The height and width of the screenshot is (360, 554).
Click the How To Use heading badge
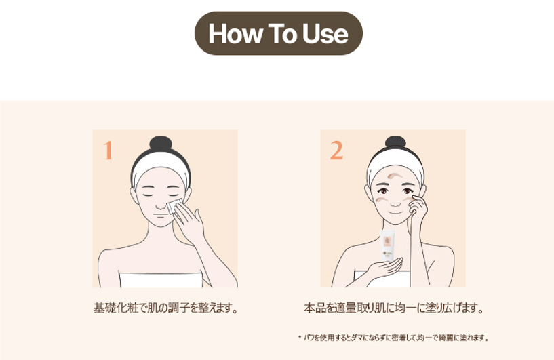pyautogui.click(x=279, y=33)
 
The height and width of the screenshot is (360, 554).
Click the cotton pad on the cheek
pyautogui.click(x=174, y=205)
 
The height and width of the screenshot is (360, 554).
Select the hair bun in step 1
pyautogui.click(x=161, y=143)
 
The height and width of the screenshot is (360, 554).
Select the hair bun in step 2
pyautogui.click(x=395, y=141)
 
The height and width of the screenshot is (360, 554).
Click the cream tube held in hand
pyautogui.click(x=387, y=245)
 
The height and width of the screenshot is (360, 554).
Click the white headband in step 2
pyautogui.click(x=395, y=163)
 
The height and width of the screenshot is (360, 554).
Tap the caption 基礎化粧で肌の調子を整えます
pyautogui.click(x=165, y=308)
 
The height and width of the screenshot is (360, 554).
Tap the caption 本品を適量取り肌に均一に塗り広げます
pyautogui.click(x=393, y=308)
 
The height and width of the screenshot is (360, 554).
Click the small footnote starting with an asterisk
pyautogui.click(x=393, y=338)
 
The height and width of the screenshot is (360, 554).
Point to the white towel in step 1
pyautogui.click(x=161, y=279)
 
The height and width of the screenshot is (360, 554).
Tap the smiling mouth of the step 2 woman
pyautogui.click(x=395, y=213)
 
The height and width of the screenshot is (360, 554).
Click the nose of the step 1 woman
pyautogui.click(x=161, y=205)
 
